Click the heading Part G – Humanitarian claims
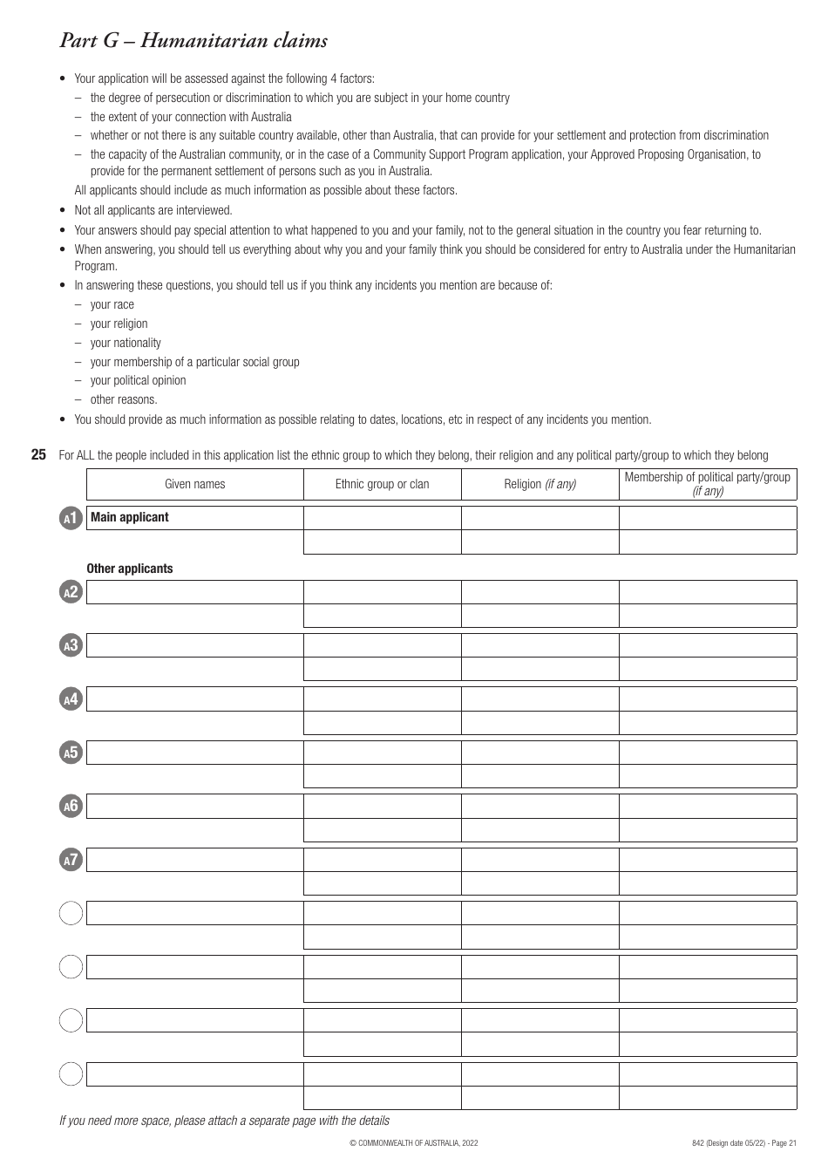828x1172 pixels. pyautogui.click(x=193, y=40)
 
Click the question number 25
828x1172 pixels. pyautogui.click(x=38, y=455)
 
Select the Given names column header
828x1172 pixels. pyautogui.click(x=194, y=484)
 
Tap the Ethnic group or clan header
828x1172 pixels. pyautogui.click(x=382, y=484)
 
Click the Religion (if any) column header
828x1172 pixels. pyautogui.click(x=540, y=484)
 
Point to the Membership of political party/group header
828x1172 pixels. pyautogui.click(x=707, y=483)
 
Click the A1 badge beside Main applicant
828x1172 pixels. pyautogui.click(x=71, y=518)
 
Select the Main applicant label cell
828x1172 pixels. pyautogui.click(x=194, y=517)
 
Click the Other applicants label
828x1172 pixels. pyautogui.click(x=130, y=569)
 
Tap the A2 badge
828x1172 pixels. pyautogui.click(x=71, y=592)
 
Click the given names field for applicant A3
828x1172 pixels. pyautogui.click(x=194, y=645)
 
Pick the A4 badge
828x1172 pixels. pyautogui.click(x=71, y=699)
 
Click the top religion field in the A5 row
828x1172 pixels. pyautogui.click(x=540, y=753)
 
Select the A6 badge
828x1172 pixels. pyautogui.click(x=71, y=807)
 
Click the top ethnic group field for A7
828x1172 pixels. pyautogui.click(x=382, y=860)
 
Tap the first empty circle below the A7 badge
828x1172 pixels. pyautogui.click(x=71, y=913)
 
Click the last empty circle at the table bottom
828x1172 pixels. pyautogui.click(x=71, y=1074)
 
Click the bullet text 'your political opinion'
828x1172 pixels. pyautogui.click(x=138, y=380)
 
